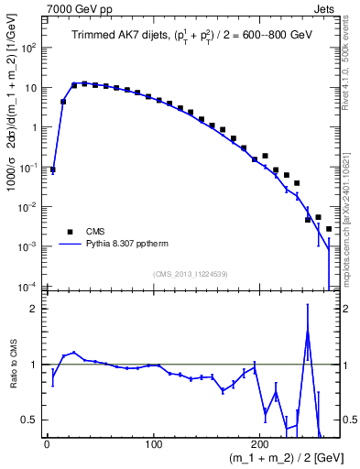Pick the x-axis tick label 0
pyautogui.click(x=46, y=446)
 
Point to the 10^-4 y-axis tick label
pyautogui.click(x=30, y=287)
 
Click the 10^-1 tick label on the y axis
pyautogui.click(x=30, y=168)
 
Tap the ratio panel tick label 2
pyautogui.click(x=35, y=309)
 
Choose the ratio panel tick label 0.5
pyautogui.click(x=31, y=420)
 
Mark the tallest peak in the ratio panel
pyautogui.click(x=308, y=331)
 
